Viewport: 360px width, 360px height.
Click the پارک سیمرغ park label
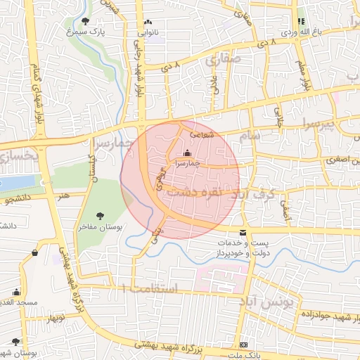click(x=86, y=32)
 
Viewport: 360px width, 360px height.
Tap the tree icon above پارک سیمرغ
click(x=86, y=21)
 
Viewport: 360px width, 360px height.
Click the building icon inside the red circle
click(x=186, y=153)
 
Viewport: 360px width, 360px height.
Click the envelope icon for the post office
click(x=243, y=233)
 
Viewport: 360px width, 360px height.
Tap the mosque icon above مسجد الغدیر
click(x=16, y=291)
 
